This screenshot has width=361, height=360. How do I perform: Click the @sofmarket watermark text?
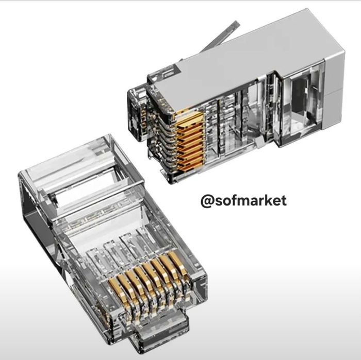(243, 201)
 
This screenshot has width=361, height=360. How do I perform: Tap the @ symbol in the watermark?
(207, 201)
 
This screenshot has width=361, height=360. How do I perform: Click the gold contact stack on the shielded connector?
(190, 139)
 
